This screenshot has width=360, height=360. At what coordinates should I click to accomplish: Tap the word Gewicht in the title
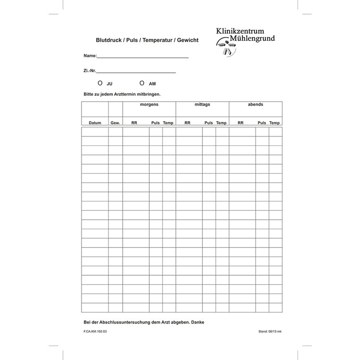coord(188,41)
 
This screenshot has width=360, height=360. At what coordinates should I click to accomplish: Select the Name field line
coord(143,56)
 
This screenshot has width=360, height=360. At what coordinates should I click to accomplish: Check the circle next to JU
coord(100,83)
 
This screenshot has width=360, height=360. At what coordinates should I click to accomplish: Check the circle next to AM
coord(142,83)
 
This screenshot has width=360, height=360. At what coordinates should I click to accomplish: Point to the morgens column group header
coord(149,104)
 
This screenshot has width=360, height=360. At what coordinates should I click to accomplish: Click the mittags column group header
coord(202,104)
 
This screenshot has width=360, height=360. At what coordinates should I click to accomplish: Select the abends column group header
coord(255,104)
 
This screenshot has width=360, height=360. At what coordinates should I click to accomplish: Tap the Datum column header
coord(95,123)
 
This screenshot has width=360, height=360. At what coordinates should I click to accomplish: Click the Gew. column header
coord(115,123)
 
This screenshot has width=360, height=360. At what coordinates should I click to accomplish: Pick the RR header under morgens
coord(135,123)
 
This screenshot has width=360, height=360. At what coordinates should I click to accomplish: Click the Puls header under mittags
coord(209,123)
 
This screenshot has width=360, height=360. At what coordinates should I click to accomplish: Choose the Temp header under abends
coord(275,123)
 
